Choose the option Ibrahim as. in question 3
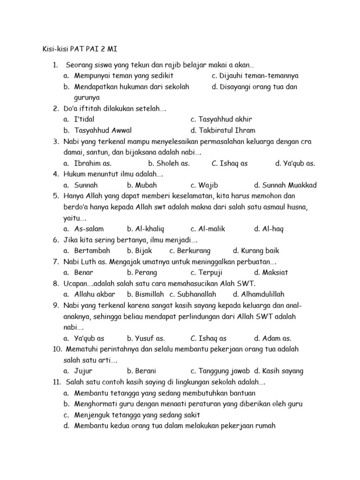[x=93, y=163]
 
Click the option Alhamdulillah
[x=263, y=294]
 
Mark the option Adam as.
[x=277, y=338]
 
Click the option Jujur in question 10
[x=84, y=371]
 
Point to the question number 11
[x=57, y=382]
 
